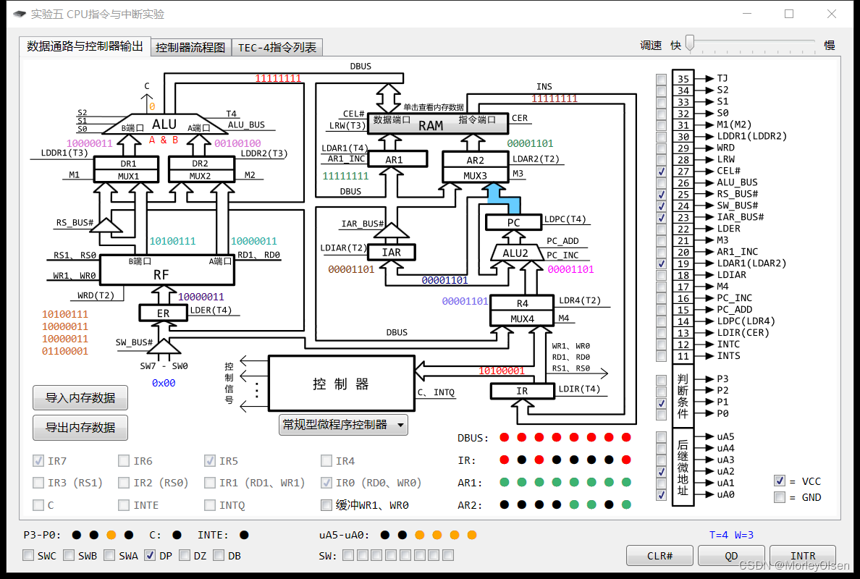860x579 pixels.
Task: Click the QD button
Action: tap(731, 556)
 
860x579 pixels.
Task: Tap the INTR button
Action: tap(803, 556)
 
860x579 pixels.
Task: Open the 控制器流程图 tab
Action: tap(191, 48)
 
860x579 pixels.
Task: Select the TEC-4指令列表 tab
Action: tap(277, 48)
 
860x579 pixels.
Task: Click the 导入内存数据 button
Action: tap(80, 397)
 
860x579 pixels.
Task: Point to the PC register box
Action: tap(513, 222)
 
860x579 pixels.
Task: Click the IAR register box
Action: tap(391, 252)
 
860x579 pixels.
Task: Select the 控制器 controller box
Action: tap(341, 384)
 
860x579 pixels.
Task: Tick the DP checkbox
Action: tap(150, 556)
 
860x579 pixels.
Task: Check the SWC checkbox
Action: tap(28, 556)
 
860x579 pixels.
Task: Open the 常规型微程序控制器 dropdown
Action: tap(343, 425)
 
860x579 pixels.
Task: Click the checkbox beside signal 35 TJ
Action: tap(662, 79)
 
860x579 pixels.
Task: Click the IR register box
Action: tap(522, 391)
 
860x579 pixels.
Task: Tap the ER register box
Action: tap(163, 313)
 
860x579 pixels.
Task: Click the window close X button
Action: tap(832, 14)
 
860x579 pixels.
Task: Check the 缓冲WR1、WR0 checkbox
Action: tap(326, 505)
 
